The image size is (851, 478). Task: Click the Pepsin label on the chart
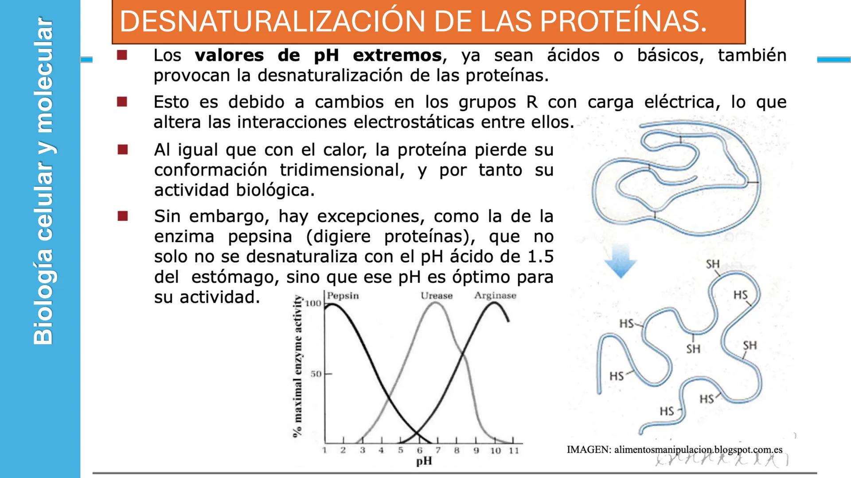343,296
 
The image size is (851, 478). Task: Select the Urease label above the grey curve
437,296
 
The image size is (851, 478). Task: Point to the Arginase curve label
495,296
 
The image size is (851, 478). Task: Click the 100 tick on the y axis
313,304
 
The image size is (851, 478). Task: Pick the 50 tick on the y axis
316,374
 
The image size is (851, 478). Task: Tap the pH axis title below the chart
424,461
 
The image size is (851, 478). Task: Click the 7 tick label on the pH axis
438,451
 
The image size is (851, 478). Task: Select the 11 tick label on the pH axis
513,451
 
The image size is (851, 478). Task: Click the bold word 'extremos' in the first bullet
397,56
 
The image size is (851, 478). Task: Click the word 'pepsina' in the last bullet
260,237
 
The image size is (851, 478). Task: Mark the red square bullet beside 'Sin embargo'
123,216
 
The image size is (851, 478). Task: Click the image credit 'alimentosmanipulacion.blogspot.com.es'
698,450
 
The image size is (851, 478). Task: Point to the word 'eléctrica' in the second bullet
679,102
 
